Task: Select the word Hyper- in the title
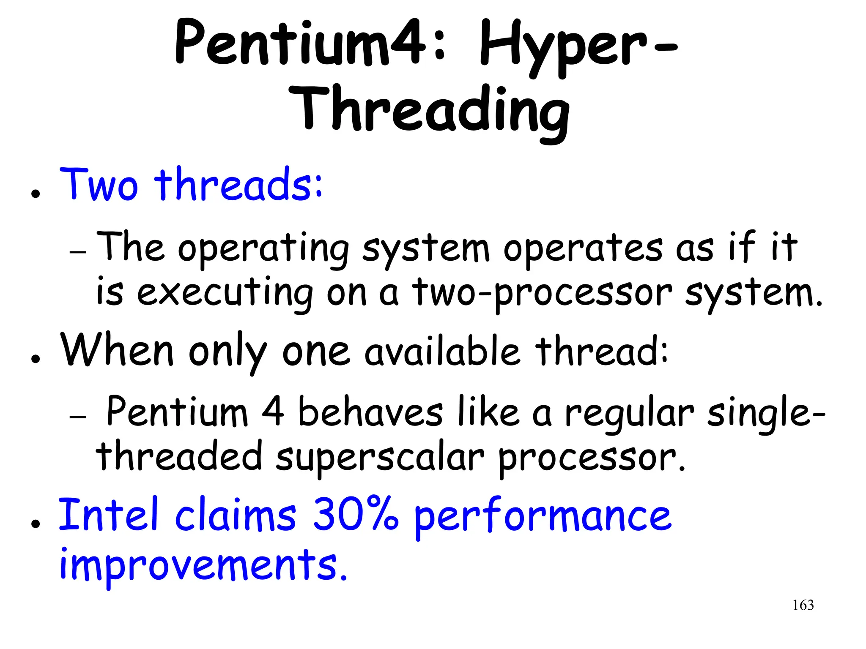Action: [578, 46]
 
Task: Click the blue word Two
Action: [99, 185]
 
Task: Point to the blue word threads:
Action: [238, 185]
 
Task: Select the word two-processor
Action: [542, 293]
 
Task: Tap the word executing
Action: [225, 293]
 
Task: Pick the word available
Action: [442, 352]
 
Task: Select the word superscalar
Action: [380, 457]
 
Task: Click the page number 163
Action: [803, 605]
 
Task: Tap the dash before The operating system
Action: [78, 252]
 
